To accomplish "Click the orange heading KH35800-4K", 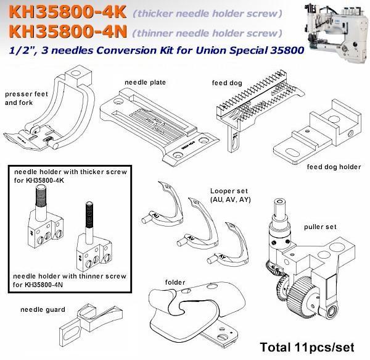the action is pyautogui.click(x=68, y=12).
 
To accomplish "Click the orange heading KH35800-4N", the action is pyautogui.click(x=68, y=31).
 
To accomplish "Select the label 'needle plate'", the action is pyautogui.click(x=145, y=82).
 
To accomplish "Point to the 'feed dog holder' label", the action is pyautogui.click(x=334, y=167).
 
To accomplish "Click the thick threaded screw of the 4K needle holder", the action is pyautogui.click(x=41, y=196).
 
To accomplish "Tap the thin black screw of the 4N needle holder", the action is pyautogui.click(x=89, y=215).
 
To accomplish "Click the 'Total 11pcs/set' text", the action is pyautogui.click(x=307, y=347).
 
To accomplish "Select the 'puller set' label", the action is pyautogui.click(x=320, y=227).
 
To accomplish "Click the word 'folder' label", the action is pyautogui.click(x=175, y=282).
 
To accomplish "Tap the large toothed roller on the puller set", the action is pyautogui.click(x=299, y=295).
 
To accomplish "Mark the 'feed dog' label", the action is pyautogui.click(x=227, y=83).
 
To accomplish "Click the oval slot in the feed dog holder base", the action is pyautogui.click(x=292, y=153).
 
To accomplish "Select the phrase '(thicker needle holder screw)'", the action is pyautogui.click(x=208, y=14).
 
